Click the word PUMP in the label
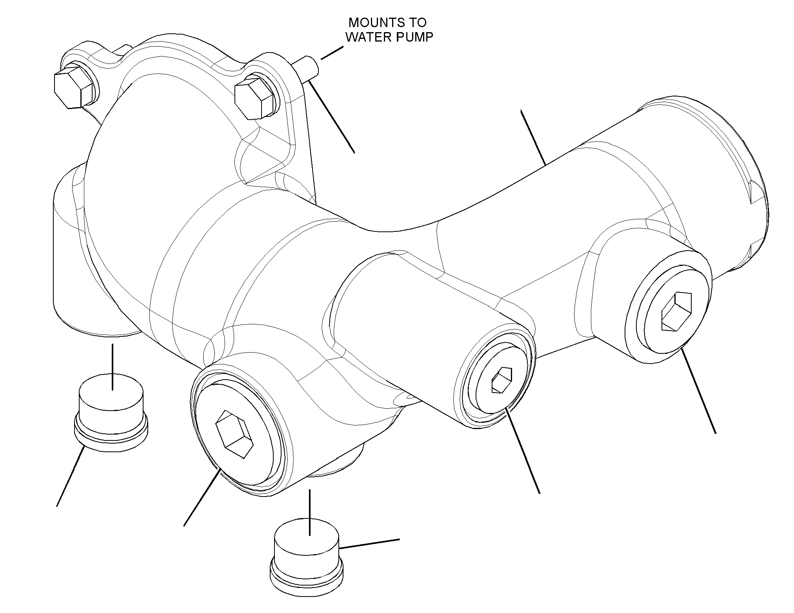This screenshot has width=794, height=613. (x=414, y=37)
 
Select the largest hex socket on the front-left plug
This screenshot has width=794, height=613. (x=235, y=434)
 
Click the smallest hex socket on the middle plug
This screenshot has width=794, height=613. (x=501, y=380)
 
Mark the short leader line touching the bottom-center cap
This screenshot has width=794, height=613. (x=369, y=543)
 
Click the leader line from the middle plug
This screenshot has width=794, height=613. (x=523, y=451)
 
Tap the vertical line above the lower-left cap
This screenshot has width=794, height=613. (x=113, y=367)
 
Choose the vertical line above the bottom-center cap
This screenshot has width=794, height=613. (x=310, y=512)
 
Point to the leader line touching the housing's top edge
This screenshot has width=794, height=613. (x=533, y=138)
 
